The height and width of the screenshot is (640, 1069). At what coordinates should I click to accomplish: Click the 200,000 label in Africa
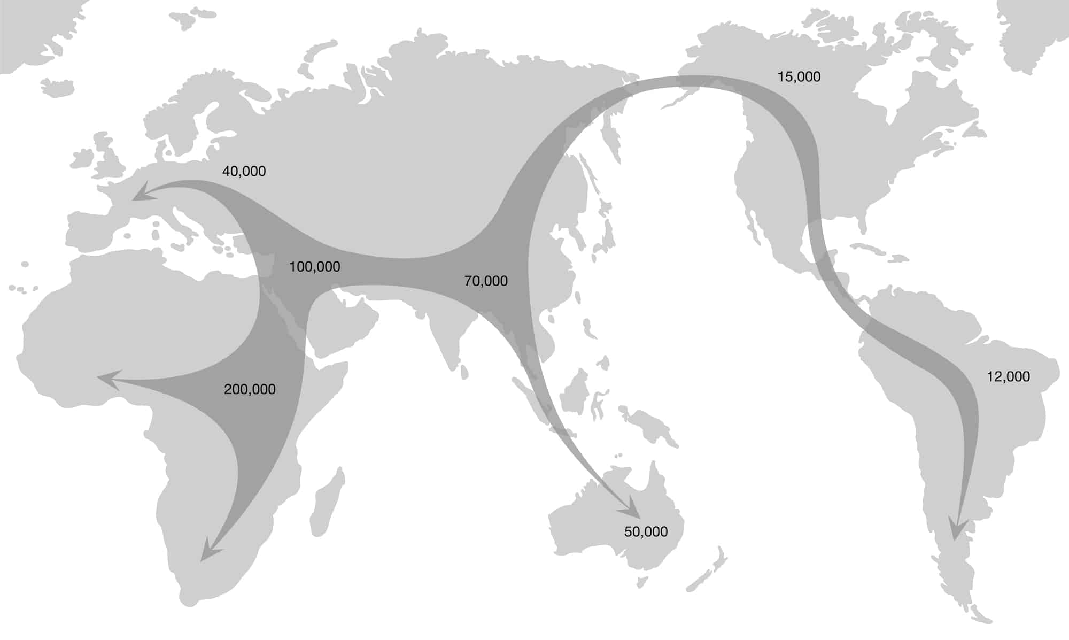pyautogui.click(x=250, y=389)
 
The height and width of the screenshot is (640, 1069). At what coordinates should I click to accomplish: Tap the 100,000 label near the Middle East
pyautogui.click(x=314, y=267)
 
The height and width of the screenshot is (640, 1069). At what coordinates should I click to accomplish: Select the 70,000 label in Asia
pyautogui.click(x=486, y=281)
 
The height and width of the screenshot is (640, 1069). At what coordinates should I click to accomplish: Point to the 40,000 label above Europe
pyautogui.click(x=244, y=171)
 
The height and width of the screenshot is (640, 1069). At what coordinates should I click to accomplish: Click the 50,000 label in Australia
pyautogui.click(x=646, y=531)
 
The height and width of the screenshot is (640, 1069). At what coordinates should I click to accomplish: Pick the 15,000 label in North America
pyautogui.click(x=799, y=77)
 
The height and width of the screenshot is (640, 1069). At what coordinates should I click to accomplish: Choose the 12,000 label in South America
pyautogui.click(x=1008, y=377)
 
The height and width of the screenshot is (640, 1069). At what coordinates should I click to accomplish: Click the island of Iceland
pyautogui.click(x=56, y=88)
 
